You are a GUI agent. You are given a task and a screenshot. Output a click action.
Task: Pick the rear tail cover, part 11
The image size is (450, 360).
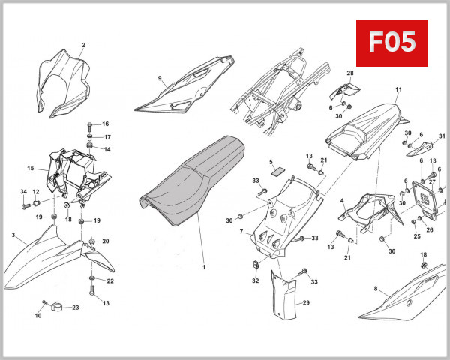tap(368, 130)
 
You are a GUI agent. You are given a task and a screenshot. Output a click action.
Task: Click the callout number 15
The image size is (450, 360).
tap(31, 168)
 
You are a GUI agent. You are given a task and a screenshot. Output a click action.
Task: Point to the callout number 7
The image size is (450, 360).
tap(241, 232)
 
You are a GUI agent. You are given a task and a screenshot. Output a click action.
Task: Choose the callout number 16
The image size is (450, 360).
tap(106, 124)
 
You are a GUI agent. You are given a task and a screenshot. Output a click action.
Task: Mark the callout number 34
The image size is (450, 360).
tap(23, 192)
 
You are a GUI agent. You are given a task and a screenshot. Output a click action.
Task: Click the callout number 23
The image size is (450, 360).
tap(76, 307)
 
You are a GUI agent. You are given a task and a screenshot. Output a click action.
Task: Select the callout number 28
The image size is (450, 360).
tap(349, 73)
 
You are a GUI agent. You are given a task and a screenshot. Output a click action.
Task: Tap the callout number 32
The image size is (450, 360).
tap(255, 281)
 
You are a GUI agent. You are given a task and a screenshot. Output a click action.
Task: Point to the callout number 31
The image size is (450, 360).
tap(442, 136)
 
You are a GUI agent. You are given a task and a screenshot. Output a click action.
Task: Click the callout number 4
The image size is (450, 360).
tap(342, 200)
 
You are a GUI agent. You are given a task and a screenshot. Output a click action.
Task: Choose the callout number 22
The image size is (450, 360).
tap(109, 281)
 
